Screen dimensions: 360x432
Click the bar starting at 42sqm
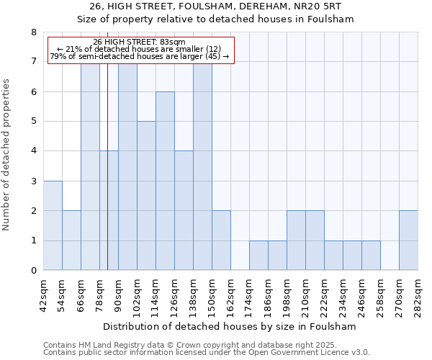[53, 225]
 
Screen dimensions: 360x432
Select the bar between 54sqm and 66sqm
[71, 240]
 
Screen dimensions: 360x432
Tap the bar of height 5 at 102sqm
[146, 196]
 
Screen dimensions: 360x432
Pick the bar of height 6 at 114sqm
[165, 181]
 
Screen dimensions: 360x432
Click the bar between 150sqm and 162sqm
[221, 240]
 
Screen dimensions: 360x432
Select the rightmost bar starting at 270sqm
[408, 240]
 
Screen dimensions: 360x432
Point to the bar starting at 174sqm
[258, 256]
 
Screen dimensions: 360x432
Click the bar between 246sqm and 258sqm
[371, 256]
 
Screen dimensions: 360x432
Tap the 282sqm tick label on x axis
[418, 296]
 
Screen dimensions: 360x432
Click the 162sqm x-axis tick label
[231, 296]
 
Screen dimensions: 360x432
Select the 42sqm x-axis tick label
[44, 296]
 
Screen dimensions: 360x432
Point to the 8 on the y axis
[33, 32]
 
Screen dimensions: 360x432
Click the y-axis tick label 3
[33, 181]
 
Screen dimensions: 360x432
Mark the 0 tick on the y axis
[33, 271]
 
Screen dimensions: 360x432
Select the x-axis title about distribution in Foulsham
[230, 326]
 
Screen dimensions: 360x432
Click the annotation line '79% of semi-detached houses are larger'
[140, 56]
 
